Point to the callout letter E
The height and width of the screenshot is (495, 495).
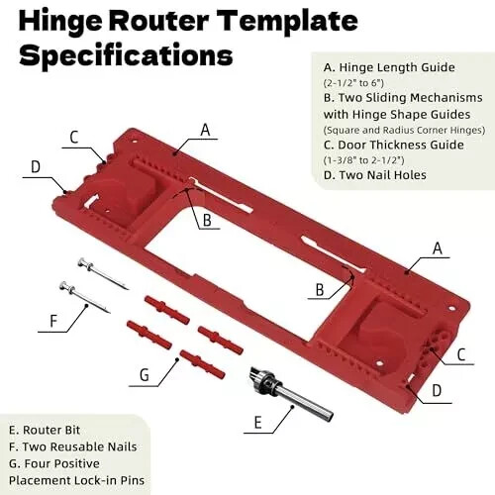point(257,423)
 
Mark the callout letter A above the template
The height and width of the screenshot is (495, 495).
point(205,129)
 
